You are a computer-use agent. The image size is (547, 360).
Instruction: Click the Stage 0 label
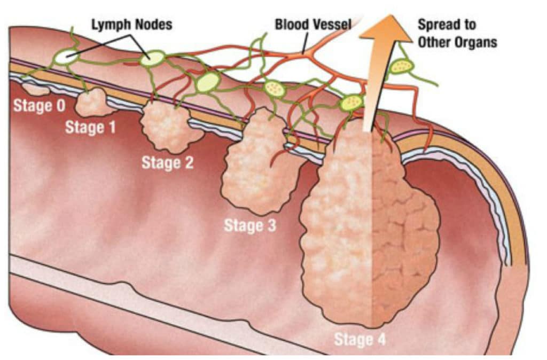point(39,105)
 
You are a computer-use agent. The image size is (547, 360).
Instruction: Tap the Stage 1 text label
point(90,128)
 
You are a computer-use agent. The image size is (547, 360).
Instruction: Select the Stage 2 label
point(167,162)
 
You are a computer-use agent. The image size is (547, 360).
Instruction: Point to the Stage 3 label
point(250,225)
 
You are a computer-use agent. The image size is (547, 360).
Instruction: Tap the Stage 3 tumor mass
point(255,166)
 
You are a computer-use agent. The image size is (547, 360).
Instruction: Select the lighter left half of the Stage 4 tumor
point(337,224)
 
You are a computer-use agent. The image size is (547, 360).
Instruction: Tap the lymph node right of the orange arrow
point(401,66)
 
